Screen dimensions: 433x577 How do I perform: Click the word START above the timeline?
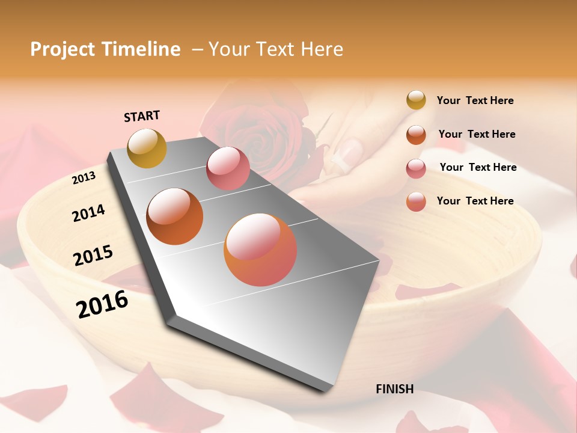coord(142,116)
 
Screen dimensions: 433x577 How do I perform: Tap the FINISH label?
coord(394,389)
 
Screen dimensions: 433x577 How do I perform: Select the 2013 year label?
coord(84,178)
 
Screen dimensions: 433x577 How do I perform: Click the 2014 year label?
coord(88,213)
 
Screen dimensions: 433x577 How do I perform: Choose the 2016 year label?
coord(102,304)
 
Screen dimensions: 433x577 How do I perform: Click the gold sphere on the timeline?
coord(147,148)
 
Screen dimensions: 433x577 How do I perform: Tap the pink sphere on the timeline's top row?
coord(228,168)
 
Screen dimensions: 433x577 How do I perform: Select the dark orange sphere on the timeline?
coord(175,216)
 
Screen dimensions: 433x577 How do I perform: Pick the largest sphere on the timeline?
coord(260,250)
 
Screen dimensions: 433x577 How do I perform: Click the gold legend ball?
coord(416,100)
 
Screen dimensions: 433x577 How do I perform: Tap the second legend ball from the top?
coord(416,135)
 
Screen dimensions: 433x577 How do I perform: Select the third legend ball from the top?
coord(416,168)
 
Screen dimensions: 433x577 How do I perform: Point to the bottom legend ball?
coord(416,201)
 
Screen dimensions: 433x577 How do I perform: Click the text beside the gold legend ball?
coord(475,100)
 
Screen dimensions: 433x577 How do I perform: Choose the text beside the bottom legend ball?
coord(475,201)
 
